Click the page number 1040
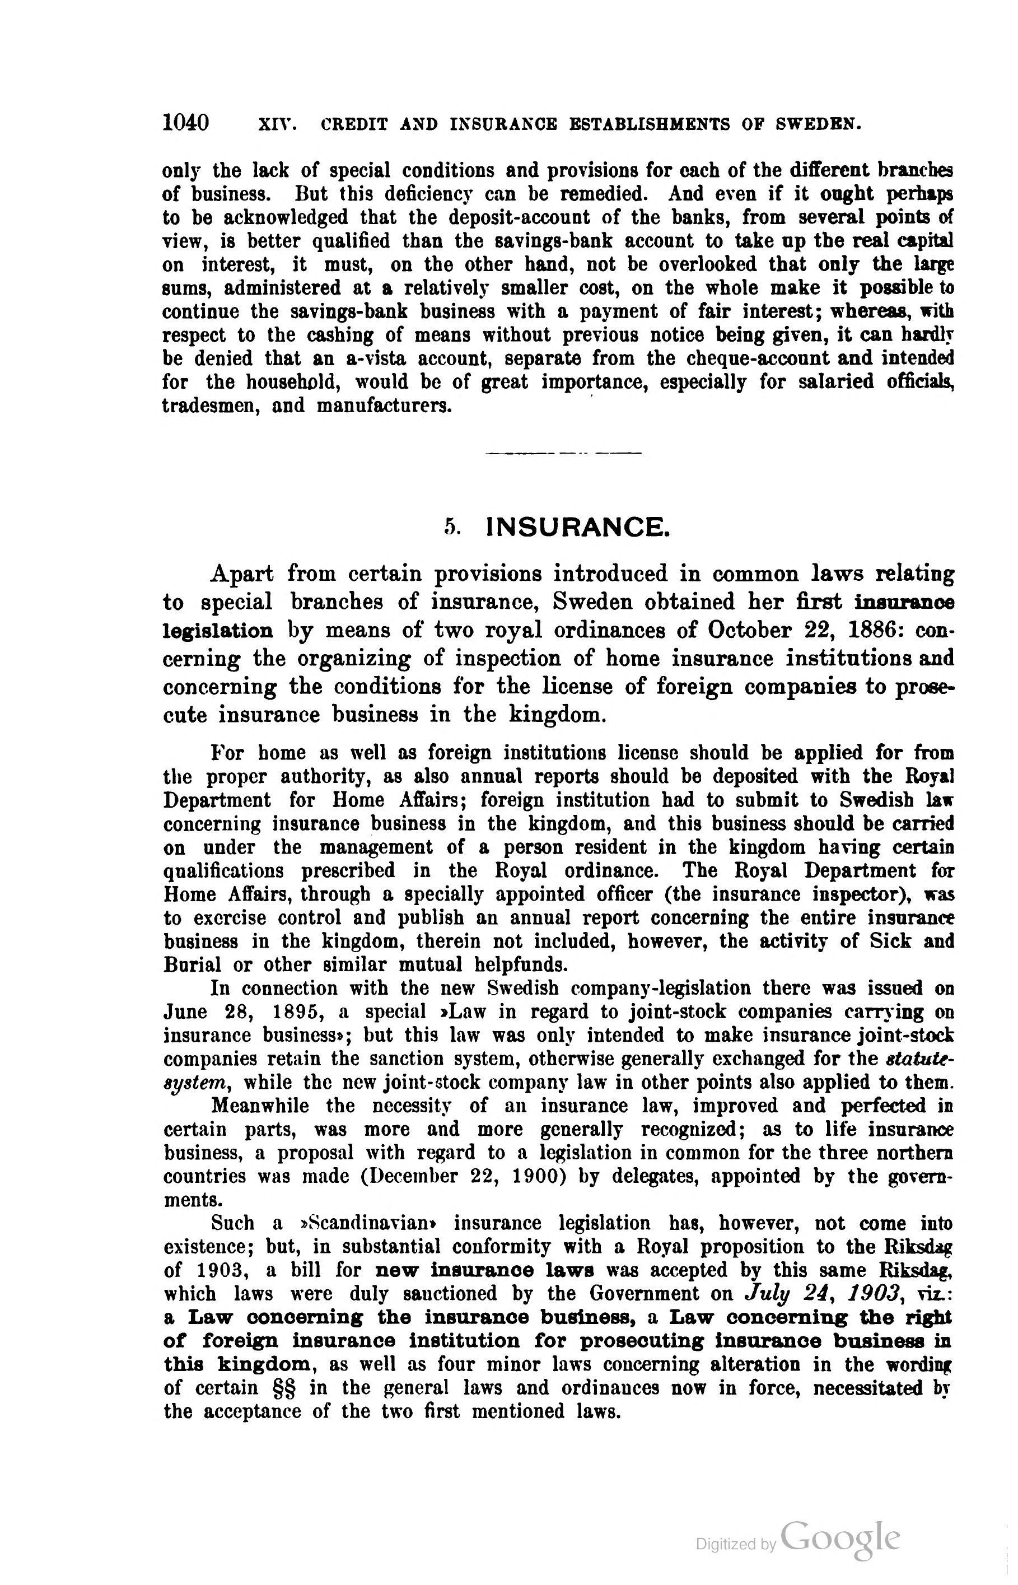point(186,123)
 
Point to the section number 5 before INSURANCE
point(452,528)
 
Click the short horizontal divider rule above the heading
point(563,454)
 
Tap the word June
point(186,1012)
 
